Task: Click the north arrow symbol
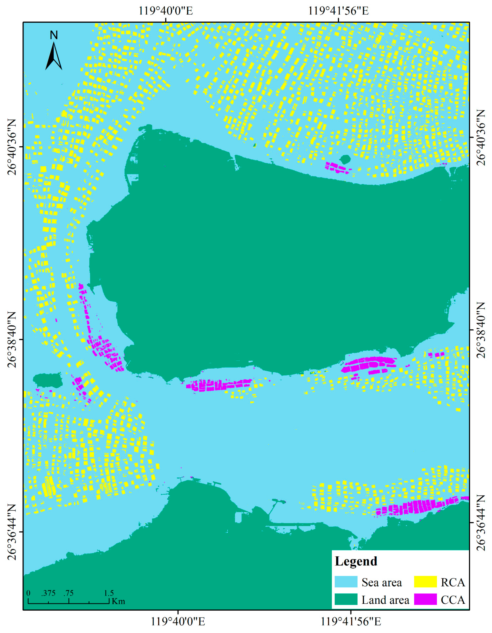click(x=54, y=56)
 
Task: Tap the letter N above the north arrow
click(x=54, y=35)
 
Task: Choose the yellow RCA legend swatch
click(x=425, y=582)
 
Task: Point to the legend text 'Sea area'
click(x=381, y=583)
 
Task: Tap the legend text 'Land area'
click(x=385, y=600)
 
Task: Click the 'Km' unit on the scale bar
click(x=118, y=601)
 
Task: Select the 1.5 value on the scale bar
click(x=109, y=593)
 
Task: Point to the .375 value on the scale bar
click(x=48, y=593)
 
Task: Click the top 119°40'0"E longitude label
click(x=166, y=11)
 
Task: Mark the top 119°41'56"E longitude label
click(x=338, y=11)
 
